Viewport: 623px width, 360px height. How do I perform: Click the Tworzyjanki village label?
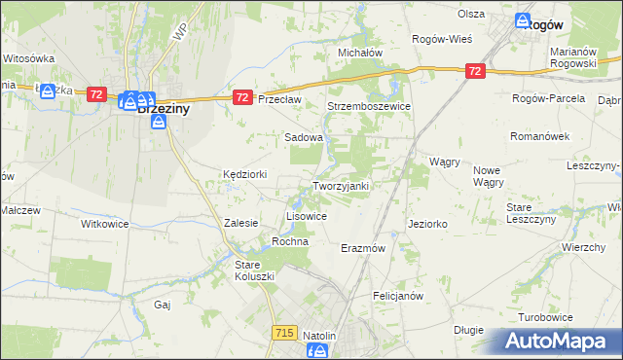tap(339, 186)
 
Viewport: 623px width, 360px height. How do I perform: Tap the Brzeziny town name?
tap(163, 110)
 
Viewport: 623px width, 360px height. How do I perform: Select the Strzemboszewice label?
tap(369, 106)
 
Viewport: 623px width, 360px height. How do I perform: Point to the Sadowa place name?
tap(303, 138)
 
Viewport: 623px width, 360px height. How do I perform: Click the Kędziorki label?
tap(242, 173)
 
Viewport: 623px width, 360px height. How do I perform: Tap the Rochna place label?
tap(290, 241)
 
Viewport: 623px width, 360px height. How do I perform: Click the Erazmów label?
tap(364, 248)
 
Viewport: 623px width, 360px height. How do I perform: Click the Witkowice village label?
tap(104, 223)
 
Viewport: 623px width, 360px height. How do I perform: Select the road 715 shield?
tap(284, 333)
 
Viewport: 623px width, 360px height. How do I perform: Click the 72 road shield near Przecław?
tap(243, 97)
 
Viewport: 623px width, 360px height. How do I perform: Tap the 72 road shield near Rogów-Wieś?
tap(474, 71)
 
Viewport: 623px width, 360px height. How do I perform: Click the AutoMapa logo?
tap(559, 342)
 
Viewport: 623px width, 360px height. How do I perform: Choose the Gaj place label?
tap(163, 305)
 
